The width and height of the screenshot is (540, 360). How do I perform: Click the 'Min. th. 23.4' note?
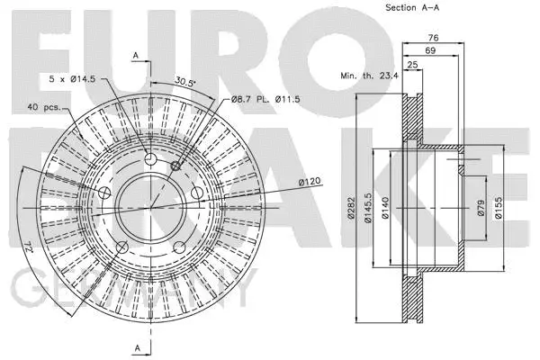coord(370,76)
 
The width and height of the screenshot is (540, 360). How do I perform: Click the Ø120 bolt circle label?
coord(310,182)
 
